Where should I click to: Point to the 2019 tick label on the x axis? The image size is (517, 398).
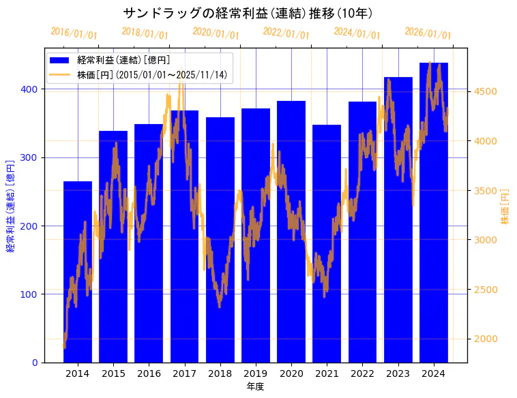pos(255,373)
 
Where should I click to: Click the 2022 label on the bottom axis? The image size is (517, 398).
pos(362,373)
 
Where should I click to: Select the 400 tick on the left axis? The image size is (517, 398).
pos(31,89)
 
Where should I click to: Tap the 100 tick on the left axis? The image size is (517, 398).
pos(31,294)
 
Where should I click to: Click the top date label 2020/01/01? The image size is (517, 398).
pos(216,33)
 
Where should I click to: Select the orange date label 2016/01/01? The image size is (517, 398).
pos(74,33)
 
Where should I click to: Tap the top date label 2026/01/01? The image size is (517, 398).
pos(428,33)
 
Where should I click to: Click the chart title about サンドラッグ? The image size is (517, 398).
pos(248,13)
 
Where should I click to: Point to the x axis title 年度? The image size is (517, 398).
pos(255,386)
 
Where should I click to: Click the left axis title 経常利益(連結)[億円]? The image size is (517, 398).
pos(11,206)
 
